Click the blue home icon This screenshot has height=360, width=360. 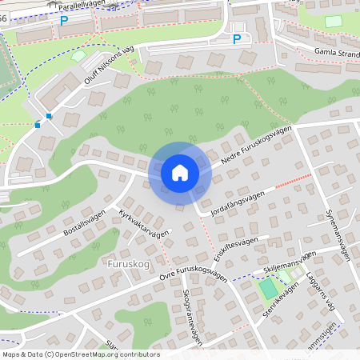180,173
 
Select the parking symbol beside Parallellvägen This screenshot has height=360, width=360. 64,21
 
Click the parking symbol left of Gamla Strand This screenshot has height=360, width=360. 237,38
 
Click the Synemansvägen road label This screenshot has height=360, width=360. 338,231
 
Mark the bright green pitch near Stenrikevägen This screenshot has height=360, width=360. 268,287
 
